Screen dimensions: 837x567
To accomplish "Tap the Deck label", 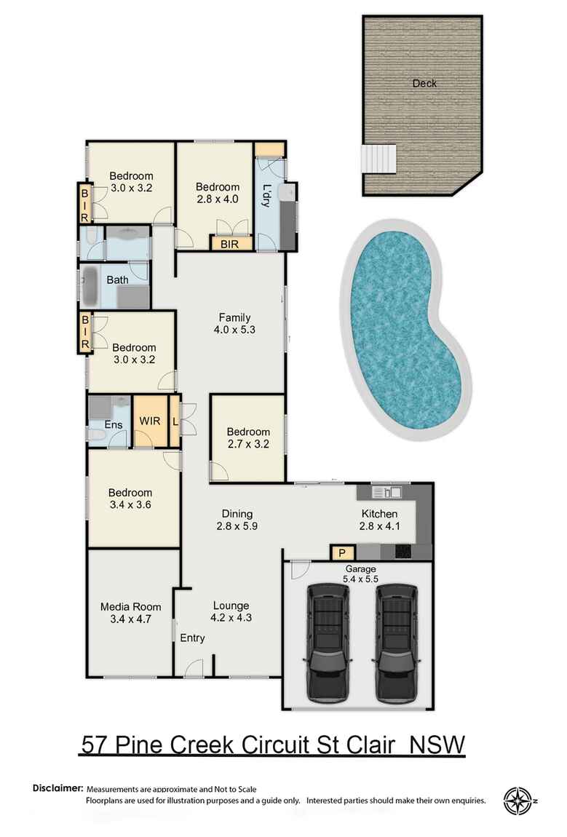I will (424, 83).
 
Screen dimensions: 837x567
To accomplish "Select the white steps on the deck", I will (379, 159).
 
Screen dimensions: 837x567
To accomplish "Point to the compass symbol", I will (518, 801).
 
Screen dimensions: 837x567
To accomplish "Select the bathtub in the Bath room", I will (90, 287).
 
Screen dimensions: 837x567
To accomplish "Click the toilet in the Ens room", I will (95, 435).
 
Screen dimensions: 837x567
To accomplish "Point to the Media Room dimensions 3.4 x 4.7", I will (131, 621).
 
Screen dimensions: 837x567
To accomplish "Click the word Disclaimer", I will (58, 788).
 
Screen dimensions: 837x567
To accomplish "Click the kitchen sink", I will (381, 493).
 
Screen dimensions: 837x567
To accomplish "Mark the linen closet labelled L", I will (175, 421).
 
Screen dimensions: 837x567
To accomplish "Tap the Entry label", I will (193, 638).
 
